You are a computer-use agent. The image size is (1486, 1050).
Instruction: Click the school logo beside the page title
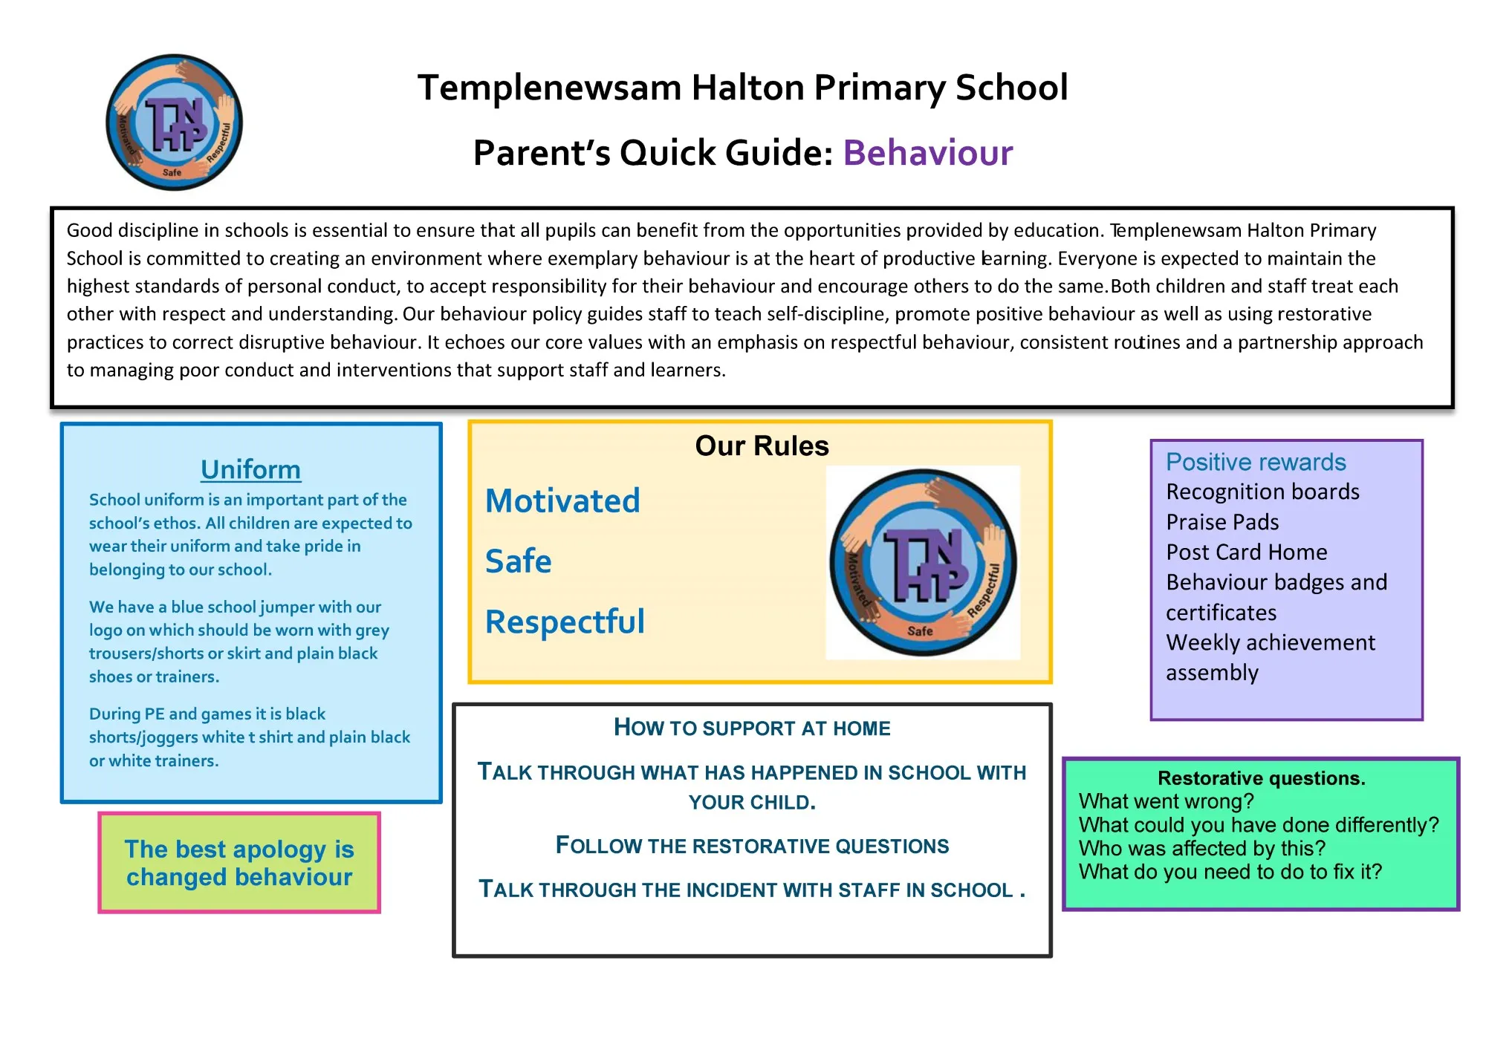click(174, 123)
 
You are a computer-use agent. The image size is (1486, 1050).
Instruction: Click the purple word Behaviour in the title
click(927, 153)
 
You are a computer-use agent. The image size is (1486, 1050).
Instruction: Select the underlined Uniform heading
click(250, 469)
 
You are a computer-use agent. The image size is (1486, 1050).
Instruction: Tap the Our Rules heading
click(761, 446)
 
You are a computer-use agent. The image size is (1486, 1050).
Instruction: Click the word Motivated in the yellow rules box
click(562, 501)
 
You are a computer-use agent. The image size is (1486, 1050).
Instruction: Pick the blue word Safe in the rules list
click(518, 561)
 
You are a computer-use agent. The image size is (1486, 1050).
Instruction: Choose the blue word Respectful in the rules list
click(565, 622)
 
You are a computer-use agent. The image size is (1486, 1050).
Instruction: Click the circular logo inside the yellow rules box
click(923, 562)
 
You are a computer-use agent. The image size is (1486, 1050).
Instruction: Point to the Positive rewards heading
click(1255, 462)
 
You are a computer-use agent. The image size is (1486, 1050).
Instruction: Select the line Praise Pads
click(1222, 522)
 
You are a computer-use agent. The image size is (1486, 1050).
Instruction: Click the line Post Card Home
click(1246, 552)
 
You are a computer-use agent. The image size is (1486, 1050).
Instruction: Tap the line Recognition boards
click(1262, 492)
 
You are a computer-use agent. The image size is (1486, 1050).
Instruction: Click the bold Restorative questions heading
click(1261, 778)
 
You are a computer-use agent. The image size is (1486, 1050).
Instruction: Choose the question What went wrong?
click(1166, 801)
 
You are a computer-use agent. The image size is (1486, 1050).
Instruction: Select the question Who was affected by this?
click(1201, 848)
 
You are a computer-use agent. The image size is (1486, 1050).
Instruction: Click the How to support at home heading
click(751, 728)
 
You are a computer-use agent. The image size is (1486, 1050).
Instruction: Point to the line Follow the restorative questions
click(751, 846)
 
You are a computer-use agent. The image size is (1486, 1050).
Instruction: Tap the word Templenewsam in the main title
click(549, 88)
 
